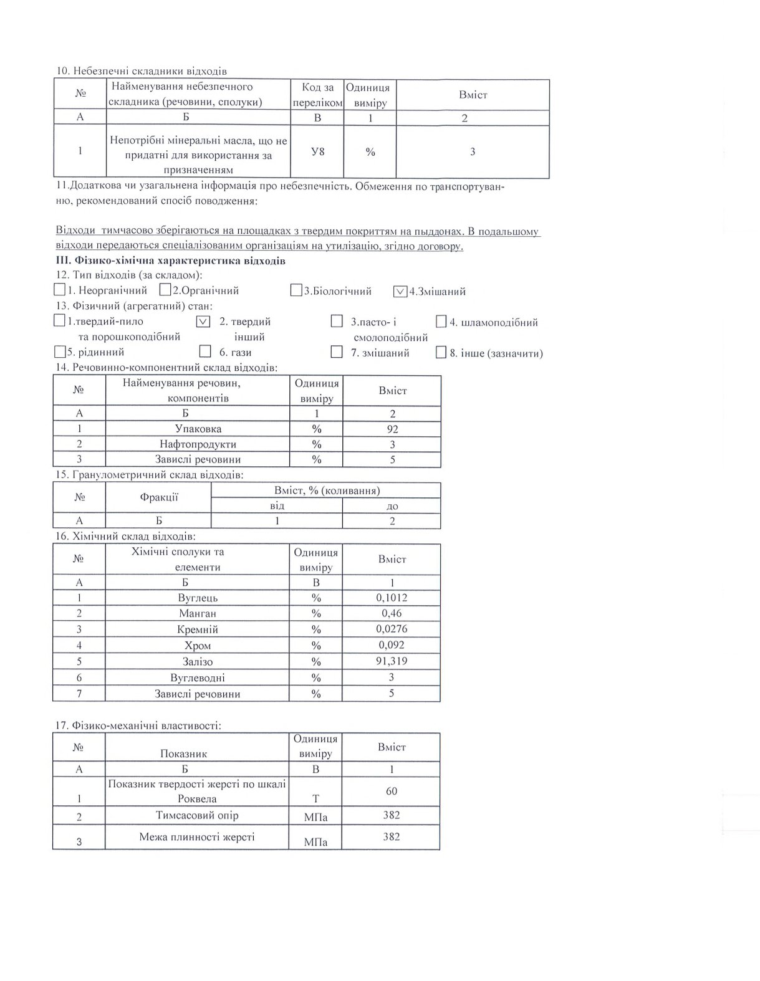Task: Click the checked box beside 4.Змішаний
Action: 400,291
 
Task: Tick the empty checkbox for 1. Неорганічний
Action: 60,290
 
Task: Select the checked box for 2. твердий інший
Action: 203,322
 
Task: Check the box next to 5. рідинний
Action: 60,352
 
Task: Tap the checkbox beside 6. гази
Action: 206,352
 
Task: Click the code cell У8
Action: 317,151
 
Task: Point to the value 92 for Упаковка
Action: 392,429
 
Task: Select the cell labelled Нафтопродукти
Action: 198,444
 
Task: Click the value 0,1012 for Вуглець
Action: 392,598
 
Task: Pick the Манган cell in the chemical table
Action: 198,613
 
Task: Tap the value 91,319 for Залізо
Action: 392,661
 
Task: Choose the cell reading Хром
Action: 198,646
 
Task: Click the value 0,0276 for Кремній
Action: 392,629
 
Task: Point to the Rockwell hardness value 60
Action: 392,791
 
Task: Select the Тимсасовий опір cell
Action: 197,815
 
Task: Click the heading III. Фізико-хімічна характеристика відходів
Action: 170,261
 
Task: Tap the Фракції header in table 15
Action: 159,497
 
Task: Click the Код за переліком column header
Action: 317,95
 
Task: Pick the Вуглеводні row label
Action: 198,677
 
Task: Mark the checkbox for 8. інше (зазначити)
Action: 441,353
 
